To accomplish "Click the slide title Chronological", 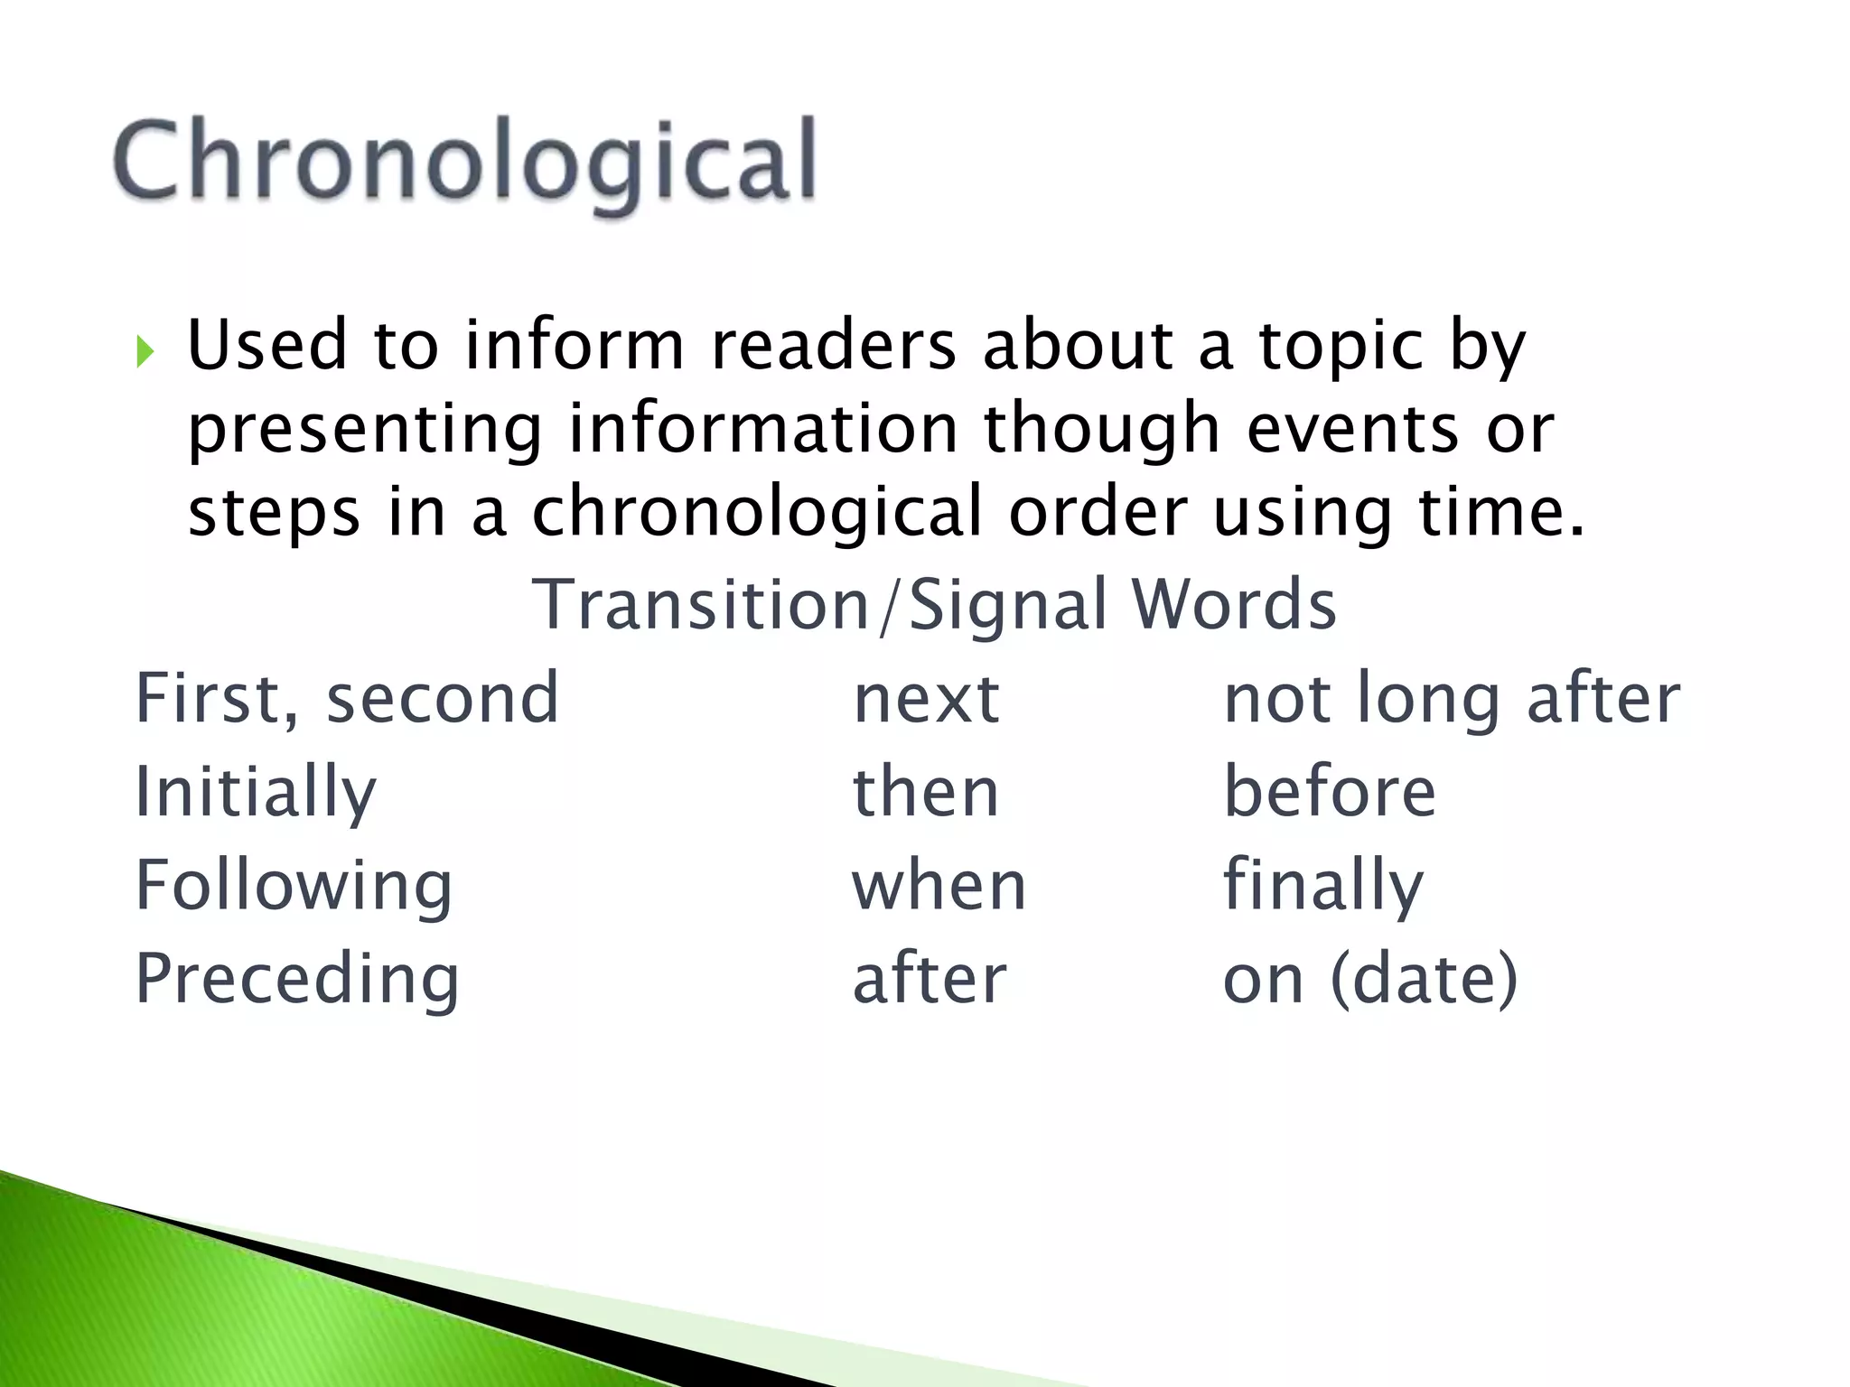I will pos(465,163).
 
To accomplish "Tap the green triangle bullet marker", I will pos(145,351).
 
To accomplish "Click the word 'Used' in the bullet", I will pos(267,346).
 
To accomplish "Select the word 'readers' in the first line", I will pos(833,346).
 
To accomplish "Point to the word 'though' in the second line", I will pos(1102,430).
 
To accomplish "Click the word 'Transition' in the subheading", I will pos(701,605).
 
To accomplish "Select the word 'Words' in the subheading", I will pos(1234,605).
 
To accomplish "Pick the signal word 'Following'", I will pos(294,886).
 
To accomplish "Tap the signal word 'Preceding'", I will pos(297,979).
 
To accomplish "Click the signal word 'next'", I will pos(926,700).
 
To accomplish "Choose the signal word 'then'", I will pos(926,792).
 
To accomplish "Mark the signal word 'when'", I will pos(939,886).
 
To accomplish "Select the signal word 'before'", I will pos(1329,792).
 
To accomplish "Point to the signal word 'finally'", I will pos(1323,887).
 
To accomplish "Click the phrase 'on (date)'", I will pos(1370,979).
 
